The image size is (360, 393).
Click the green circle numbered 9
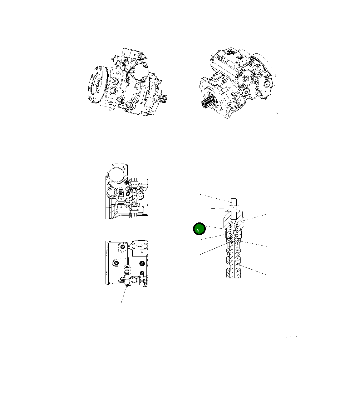(x=199, y=229)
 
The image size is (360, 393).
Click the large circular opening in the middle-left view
(x=117, y=173)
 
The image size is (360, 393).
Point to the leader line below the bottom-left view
(x=124, y=295)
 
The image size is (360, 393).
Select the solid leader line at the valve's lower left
(x=212, y=249)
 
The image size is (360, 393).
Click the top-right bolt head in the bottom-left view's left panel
(x=122, y=247)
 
